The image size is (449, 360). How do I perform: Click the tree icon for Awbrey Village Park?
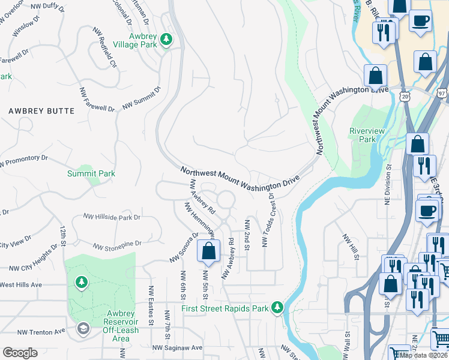(x=167, y=40)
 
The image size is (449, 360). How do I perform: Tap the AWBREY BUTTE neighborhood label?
(x=41, y=111)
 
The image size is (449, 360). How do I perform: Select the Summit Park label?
(x=91, y=174)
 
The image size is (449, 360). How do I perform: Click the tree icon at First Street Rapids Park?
(x=277, y=307)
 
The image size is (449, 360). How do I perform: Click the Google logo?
(x=20, y=353)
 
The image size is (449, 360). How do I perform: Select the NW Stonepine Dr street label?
(x=117, y=245)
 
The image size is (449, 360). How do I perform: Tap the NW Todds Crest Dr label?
(x=268, y=220)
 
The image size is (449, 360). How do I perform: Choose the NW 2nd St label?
(x=247, y=235)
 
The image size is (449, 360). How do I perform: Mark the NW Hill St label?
(x=350, y=247)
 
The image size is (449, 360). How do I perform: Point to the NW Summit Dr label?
(x=142, y=97)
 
